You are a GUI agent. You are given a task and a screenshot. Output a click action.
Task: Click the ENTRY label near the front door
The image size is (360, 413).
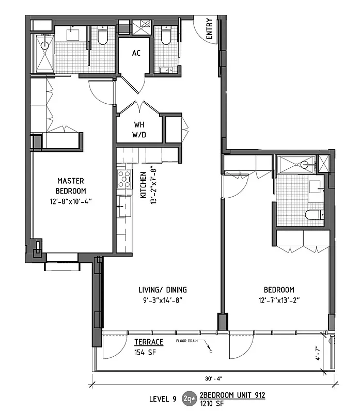click(x=209, y=30)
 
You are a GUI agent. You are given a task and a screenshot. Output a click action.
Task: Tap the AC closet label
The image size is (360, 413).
click(x=136, y=53)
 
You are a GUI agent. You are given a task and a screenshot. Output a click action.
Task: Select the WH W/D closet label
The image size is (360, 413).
click(x=139, y=129)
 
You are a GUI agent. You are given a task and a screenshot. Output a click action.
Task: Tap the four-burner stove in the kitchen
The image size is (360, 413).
click(x=124, y=179)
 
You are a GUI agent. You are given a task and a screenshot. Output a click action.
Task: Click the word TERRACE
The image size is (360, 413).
click(x=149, y=342)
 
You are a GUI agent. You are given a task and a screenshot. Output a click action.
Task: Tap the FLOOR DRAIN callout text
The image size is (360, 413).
click(x=188, y=341)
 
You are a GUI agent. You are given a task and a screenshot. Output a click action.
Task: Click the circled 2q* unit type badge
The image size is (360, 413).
click(x=190, y=398)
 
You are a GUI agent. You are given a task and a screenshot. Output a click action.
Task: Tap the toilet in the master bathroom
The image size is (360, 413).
click(x=102, y=36)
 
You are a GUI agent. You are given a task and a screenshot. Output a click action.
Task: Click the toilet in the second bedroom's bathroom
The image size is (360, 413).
click(x=314, y=214)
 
